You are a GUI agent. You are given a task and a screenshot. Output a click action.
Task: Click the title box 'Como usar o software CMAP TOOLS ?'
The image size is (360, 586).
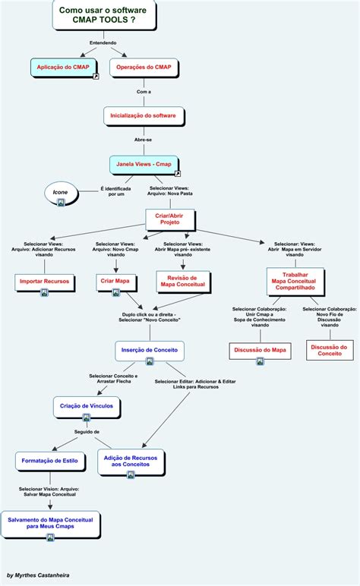pyautogui.click(x=103, y=14)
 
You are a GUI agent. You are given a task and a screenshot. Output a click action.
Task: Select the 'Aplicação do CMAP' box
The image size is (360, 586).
pyautogui.click(x=65, y=68)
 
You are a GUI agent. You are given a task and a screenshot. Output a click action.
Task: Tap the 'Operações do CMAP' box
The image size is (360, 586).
pyautogui.click(x=144, y=68)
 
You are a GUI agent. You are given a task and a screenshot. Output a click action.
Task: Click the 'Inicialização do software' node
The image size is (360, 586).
pyautogui.click(x=144, y=115)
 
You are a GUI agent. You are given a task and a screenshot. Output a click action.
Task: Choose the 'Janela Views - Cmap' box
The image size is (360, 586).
pyautogui.click(x=144, y=164)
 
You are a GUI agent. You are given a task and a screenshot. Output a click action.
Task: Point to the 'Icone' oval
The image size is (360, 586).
pyautogui.click(x=60, y=194)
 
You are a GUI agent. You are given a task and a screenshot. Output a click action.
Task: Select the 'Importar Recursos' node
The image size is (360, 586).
pyautogui.click(x=44, y=282)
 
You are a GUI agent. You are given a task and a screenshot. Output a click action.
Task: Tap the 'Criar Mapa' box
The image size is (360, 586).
pyautogui.click(x=116, y=282)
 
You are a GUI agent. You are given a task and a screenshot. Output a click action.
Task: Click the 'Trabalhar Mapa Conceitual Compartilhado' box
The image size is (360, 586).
pyautogui.click(x=295, y=281)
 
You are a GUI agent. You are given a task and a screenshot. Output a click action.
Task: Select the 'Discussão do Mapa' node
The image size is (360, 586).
pyautogui.click(x=259, y=351)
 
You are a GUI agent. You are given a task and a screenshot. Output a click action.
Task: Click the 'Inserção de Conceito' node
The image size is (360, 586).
pyautogui.click(x=150, y=350)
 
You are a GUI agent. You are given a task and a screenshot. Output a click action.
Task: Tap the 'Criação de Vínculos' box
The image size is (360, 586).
pyautogui.click(x=87, y=407)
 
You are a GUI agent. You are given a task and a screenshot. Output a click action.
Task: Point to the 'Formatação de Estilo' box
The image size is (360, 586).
pyautogui.click(x=49, y=461)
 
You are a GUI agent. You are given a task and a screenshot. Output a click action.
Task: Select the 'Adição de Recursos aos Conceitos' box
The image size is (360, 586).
pyautogui.click(x=130, y=462)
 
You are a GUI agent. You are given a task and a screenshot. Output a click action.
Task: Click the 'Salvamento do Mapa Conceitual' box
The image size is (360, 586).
pyautogui.click(x=51, y=524)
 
